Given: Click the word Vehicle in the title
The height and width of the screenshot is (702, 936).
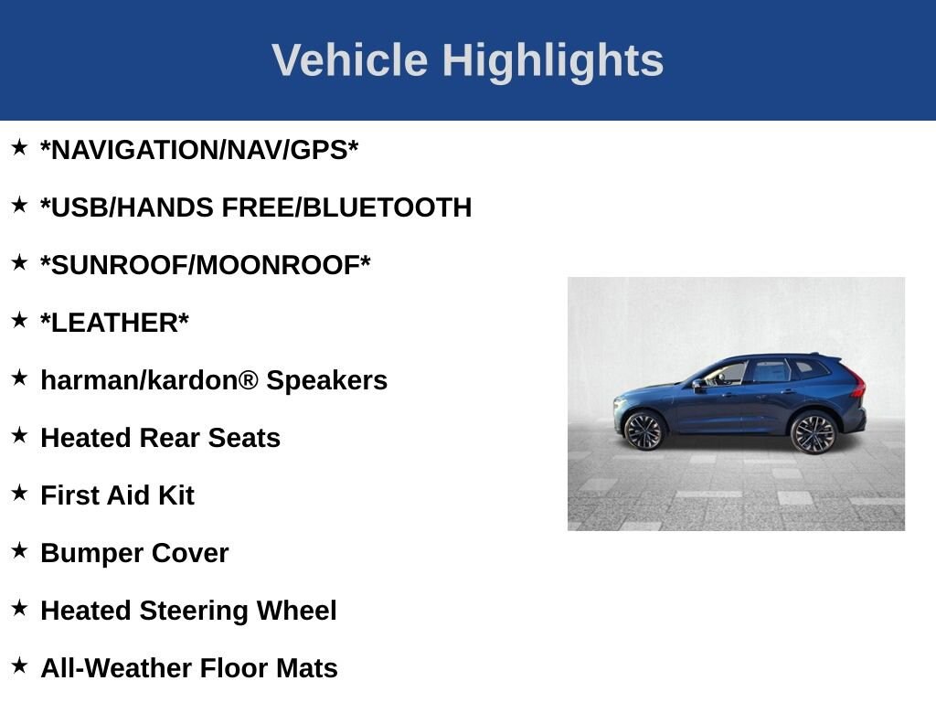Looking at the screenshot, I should point(349,60).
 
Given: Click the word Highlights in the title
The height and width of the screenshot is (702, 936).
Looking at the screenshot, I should point(553,60).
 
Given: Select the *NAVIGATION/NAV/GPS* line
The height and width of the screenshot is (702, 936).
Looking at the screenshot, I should point(199,150).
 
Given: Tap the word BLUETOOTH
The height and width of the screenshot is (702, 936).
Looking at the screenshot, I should point(387,207).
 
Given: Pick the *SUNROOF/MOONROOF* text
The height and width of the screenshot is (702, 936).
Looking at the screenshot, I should point(206,265).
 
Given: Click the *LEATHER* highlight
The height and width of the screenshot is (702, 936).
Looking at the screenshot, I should point(114,323).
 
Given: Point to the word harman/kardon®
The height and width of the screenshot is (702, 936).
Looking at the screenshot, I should point(150,380).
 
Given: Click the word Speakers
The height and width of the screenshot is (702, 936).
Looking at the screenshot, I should point(326,380).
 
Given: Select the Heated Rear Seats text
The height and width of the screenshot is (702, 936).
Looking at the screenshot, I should point(160,438).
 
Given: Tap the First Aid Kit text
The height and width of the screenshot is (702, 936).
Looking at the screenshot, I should point(117,495).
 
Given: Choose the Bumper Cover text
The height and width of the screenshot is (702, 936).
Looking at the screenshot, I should point(134,553).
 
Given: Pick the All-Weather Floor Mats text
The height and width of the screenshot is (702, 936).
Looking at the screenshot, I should point(189,668).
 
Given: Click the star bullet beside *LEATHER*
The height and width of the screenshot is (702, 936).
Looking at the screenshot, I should point(19,320).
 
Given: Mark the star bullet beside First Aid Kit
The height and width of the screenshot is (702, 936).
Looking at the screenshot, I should point(19,493).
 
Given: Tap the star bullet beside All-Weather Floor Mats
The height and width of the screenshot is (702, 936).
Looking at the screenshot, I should point(19,665).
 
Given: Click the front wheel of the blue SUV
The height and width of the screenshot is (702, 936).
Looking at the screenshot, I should point(644,431).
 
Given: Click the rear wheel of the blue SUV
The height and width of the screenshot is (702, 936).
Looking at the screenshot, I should point(813,432).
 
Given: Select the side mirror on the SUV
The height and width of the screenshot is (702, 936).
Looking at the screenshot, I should point(698,384).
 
